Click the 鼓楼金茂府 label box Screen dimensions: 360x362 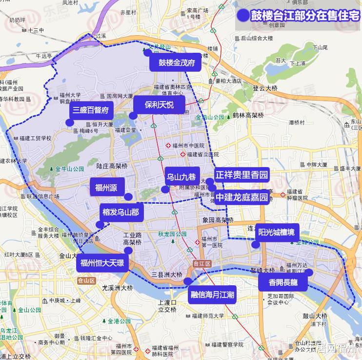(x=177, y=63)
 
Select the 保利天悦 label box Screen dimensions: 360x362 (x=160, y=105)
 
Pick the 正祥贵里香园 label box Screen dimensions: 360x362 (x=241, y=175)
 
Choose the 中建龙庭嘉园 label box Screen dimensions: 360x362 (x=242, y=197)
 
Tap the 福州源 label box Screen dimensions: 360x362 (x=106, y=187)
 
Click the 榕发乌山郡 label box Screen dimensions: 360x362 (x=121, y=212)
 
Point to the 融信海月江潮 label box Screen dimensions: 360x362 (x=212, y=295)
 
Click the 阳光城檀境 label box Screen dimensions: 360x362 (x=277, y=232)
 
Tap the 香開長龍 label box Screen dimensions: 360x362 (x=283, y=282)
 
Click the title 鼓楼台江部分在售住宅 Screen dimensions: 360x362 (x=305, y=16)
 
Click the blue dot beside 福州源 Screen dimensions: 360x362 (x=128, y=196)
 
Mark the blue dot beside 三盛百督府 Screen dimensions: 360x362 (x=70, y=122)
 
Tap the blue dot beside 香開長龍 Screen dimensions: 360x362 (x=309, y=272)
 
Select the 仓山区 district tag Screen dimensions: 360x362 (x=86, y=280)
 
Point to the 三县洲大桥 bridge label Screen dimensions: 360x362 (x=166, y=275)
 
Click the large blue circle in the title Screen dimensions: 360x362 (x=242, y=16)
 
